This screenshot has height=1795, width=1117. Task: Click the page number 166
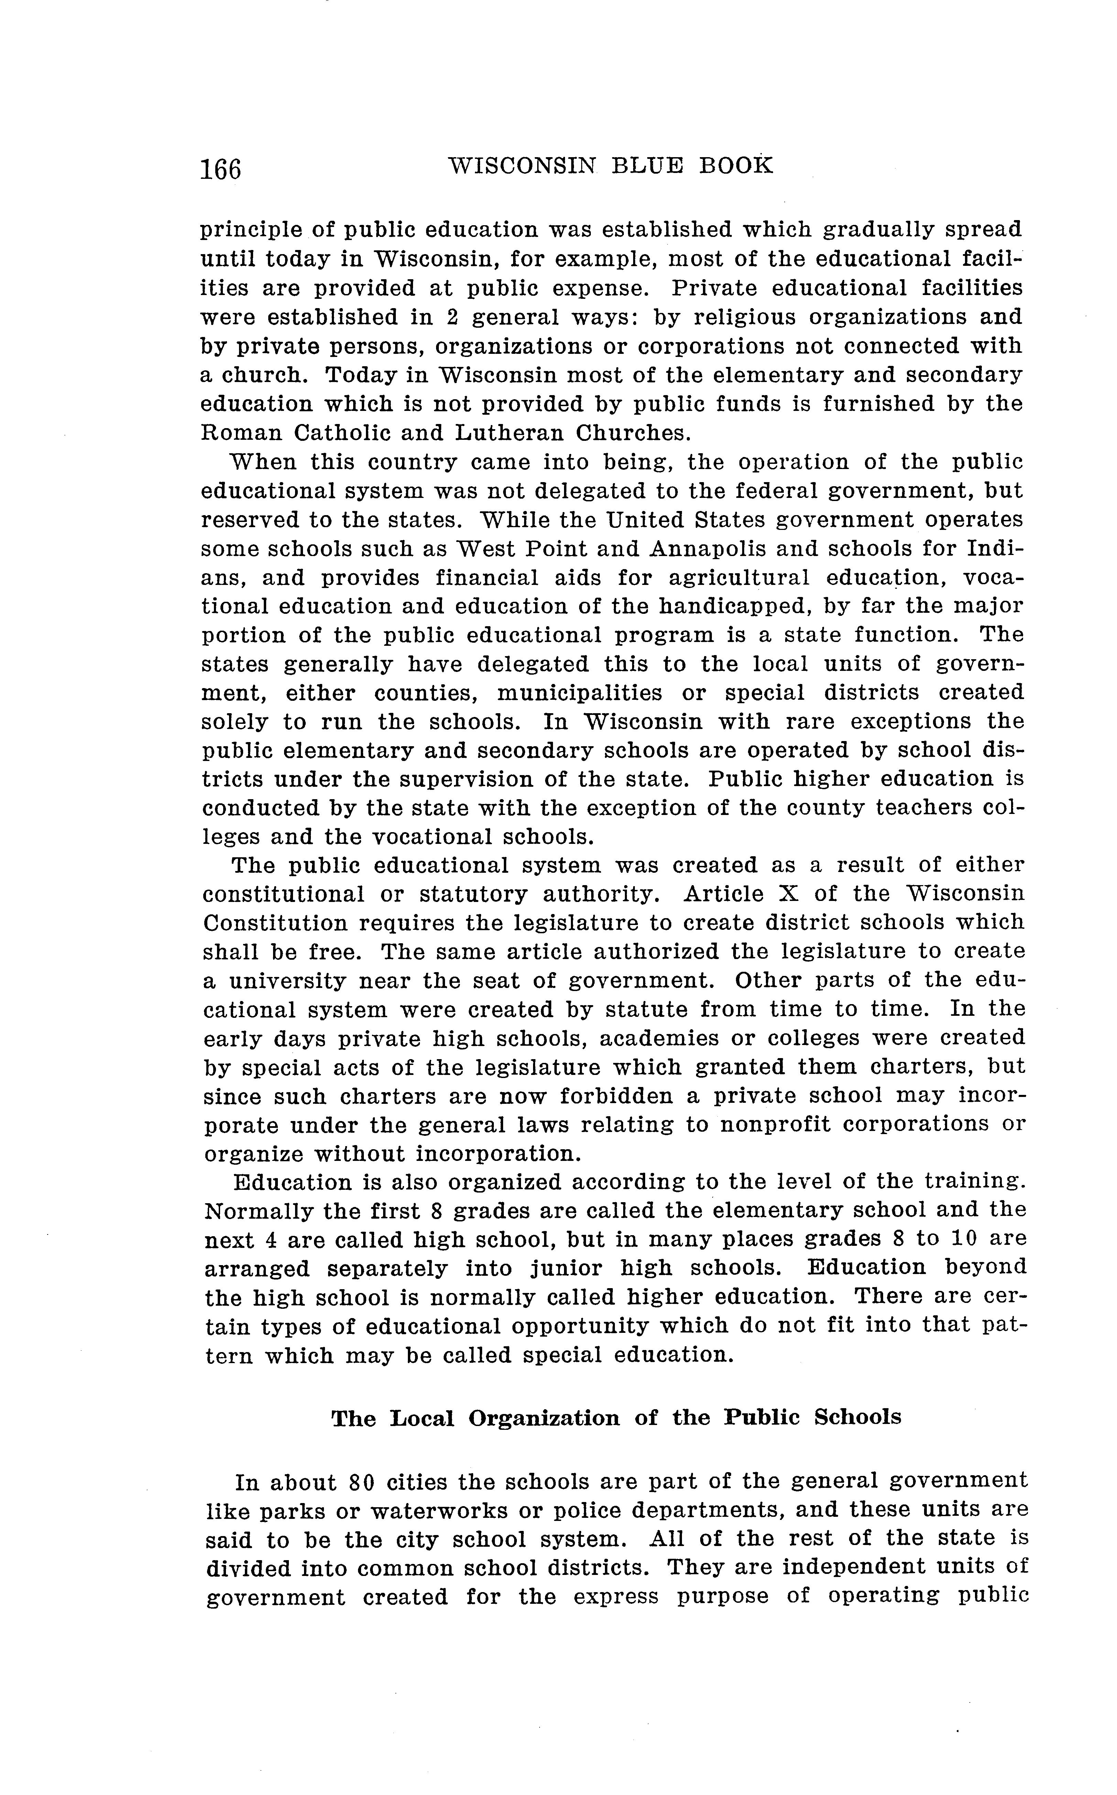click(220, 170)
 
